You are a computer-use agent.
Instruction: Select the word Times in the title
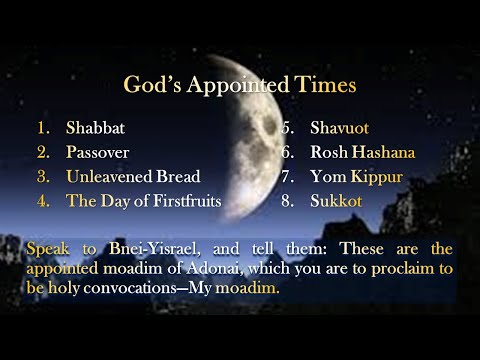coord(325,85)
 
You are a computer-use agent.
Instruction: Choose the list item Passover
coord(98,153)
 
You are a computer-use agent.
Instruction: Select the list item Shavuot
coord(340,129)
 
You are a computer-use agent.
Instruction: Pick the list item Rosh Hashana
coord(362,153)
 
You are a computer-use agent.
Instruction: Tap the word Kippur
coord(377,177)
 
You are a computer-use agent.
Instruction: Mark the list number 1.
coord(42,129)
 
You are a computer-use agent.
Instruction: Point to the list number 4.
coord(42,201)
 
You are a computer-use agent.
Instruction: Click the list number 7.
coord(285,177)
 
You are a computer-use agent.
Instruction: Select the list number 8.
coord(285,201)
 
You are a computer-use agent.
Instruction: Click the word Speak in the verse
coord(43,247)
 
